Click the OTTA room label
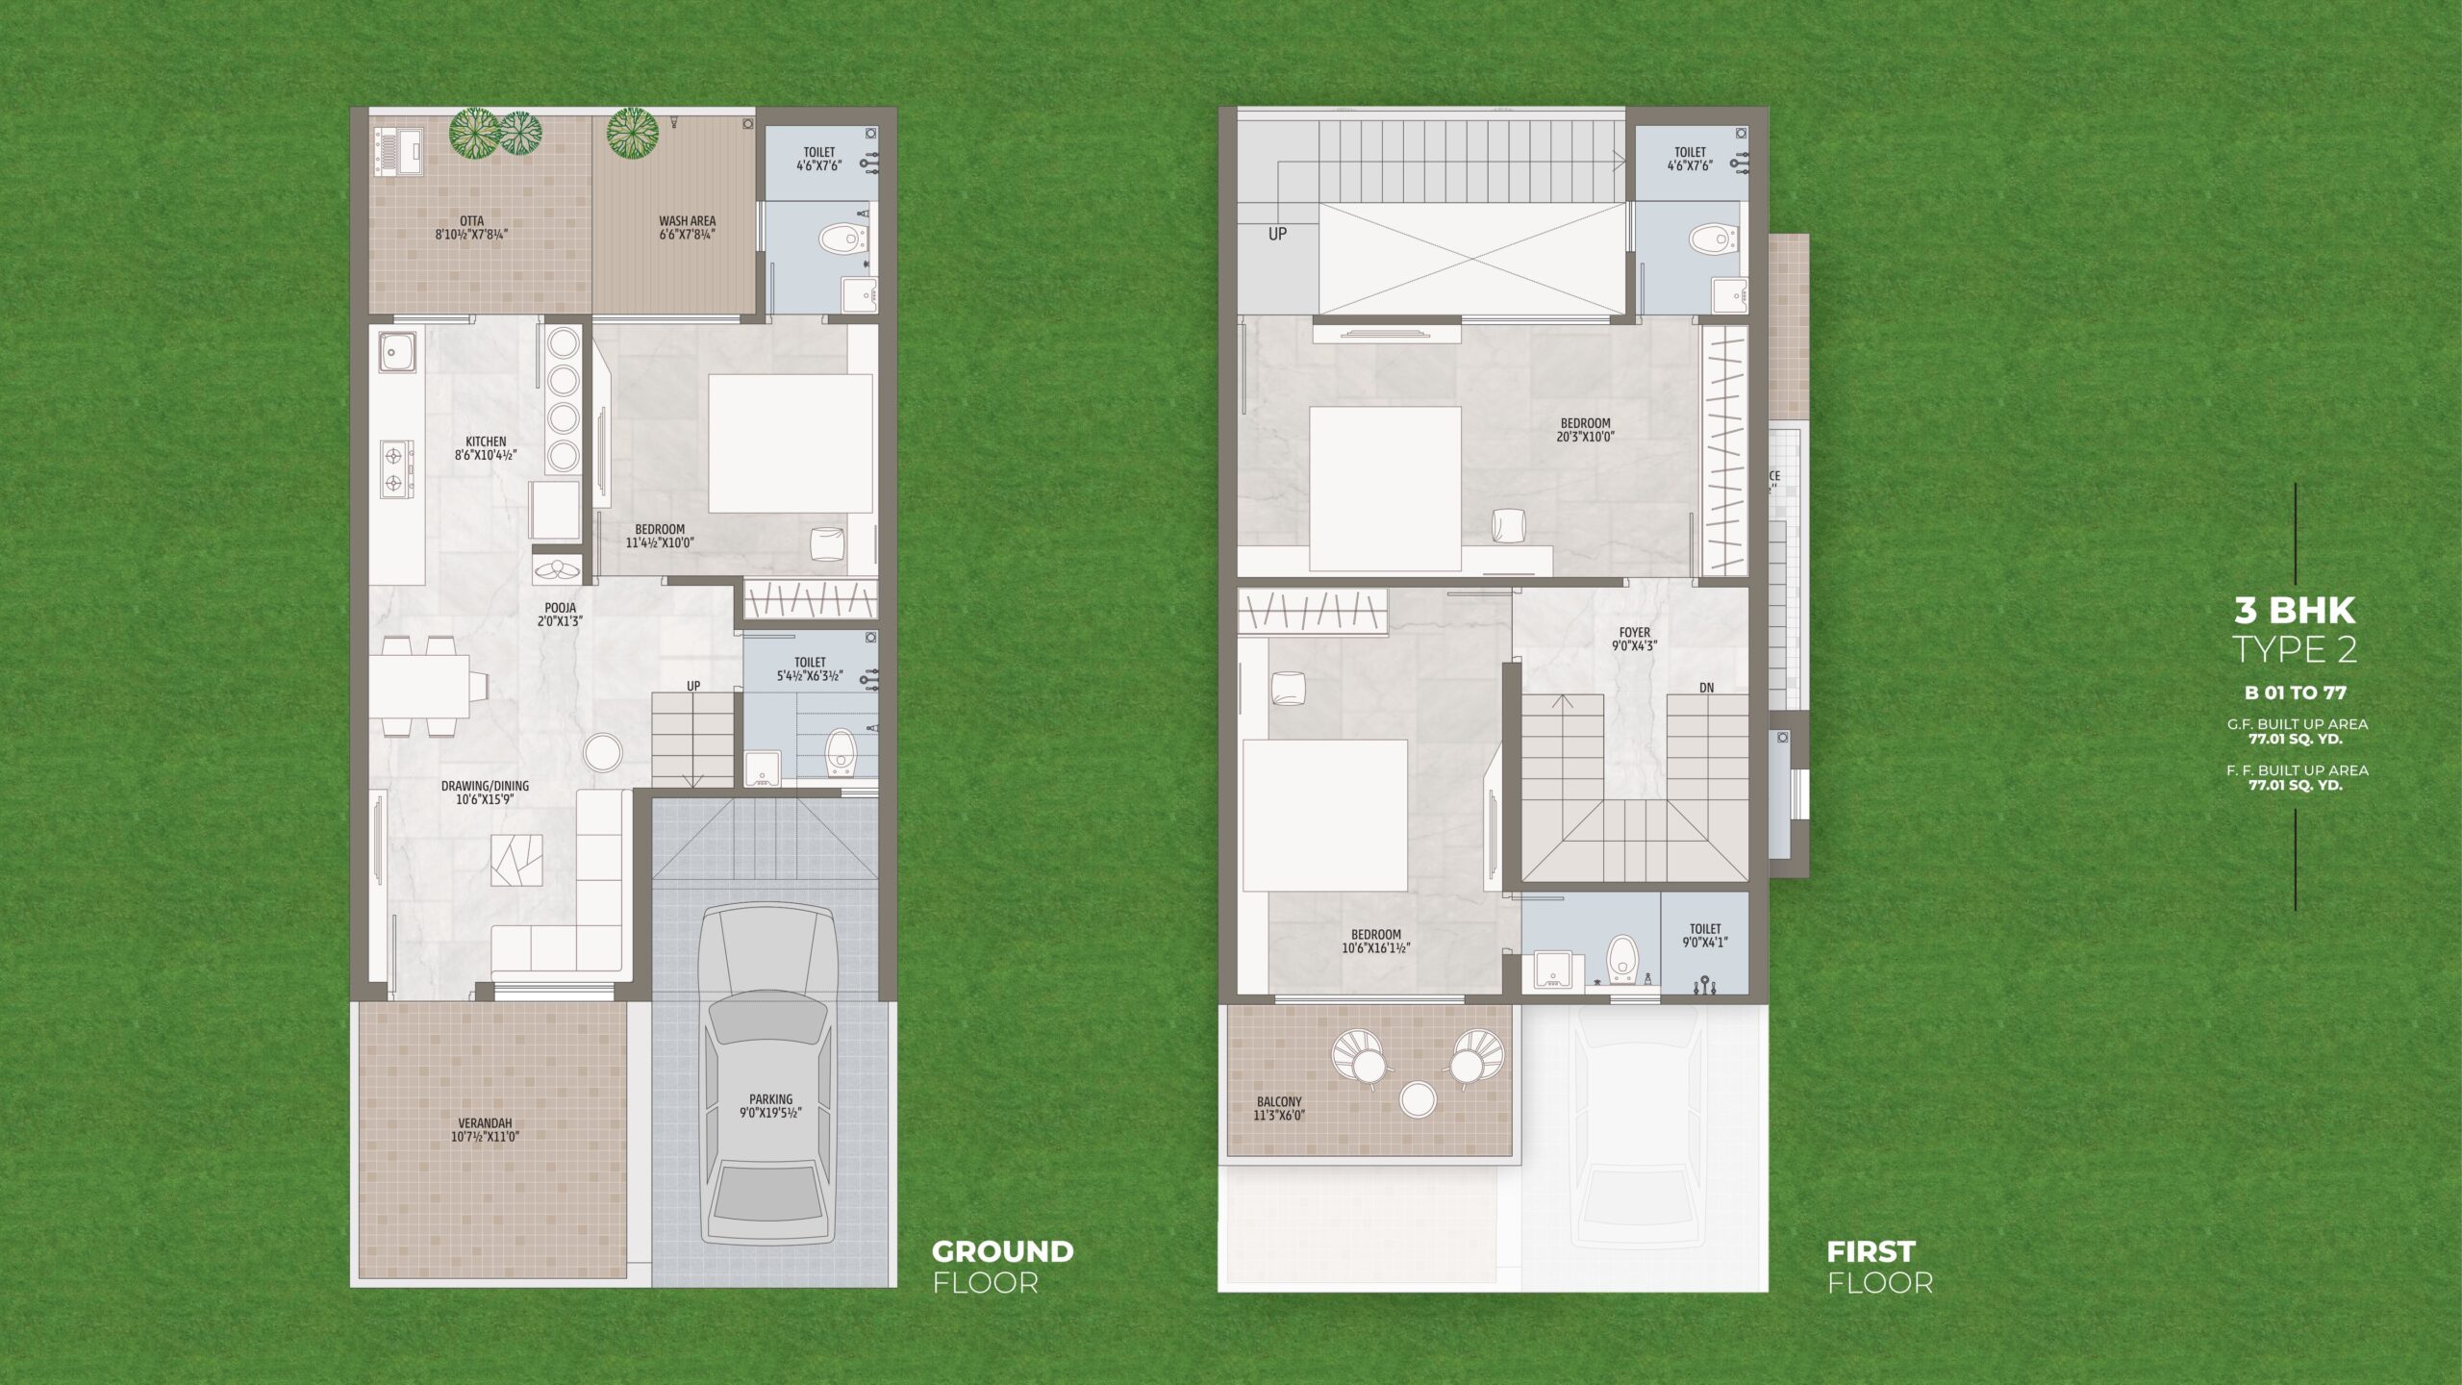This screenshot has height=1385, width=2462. pos(471,221)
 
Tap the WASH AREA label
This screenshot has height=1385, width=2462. pos(687,221)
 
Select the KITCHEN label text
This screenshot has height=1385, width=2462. pos(486,442)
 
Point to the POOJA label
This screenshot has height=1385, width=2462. pos(560,608)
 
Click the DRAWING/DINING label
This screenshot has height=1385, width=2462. pos(485,786)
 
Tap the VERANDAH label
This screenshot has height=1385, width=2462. pos(485,1122)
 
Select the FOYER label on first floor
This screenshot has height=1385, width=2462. pos(1635,633)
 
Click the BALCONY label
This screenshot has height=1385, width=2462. pos(1279,1102)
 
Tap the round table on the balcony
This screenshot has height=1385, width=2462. pos(1418,1099)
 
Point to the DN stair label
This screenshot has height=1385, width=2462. pos(1706,688)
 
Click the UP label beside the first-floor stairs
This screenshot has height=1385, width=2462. pos(1277,234)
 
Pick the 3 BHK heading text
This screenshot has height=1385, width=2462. pos(2295,610)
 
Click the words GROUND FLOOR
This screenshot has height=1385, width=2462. pos(1002,1267)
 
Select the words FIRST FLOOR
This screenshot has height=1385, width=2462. pos(1879,1267)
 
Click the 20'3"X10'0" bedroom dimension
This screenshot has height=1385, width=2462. pos(1585,437)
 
